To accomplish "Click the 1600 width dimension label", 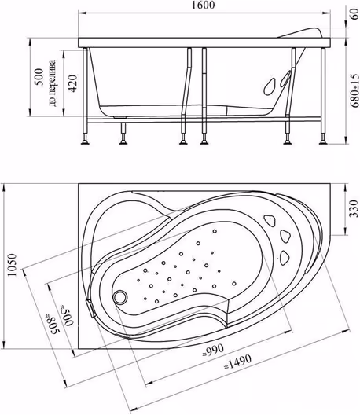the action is (204, 5).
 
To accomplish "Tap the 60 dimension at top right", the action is (354, 13).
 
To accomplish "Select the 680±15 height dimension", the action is (355, 90).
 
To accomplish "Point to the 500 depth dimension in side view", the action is (39, 77).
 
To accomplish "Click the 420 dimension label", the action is (73, 83).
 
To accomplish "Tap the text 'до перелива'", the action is (53, 83).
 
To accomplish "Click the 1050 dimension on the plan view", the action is (12, 265).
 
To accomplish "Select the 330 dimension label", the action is (353, 209).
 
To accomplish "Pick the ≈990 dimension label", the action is (212, 351).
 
